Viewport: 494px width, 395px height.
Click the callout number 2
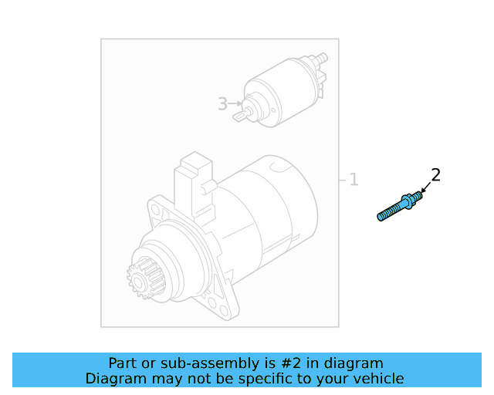(435, 175)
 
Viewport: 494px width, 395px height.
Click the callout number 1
(354, 180)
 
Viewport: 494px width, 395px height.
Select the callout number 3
(222, 104)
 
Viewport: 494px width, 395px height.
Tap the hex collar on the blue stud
(409, 201)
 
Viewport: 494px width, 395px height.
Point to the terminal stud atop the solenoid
(320, 59)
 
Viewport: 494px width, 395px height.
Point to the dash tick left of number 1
(342, 180)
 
